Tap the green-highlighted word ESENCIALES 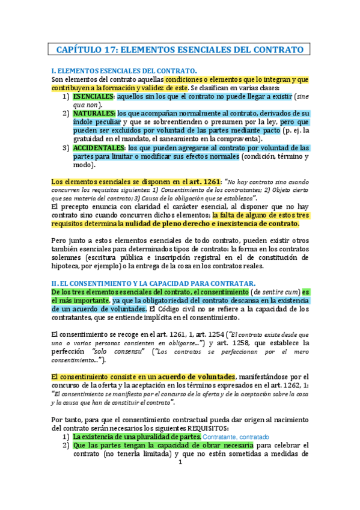pyautogui.click(x=93, y=96)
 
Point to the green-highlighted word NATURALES pyautogui.click(x=94, y=113)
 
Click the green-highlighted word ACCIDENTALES pyautogui.click(x=99, y=148)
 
